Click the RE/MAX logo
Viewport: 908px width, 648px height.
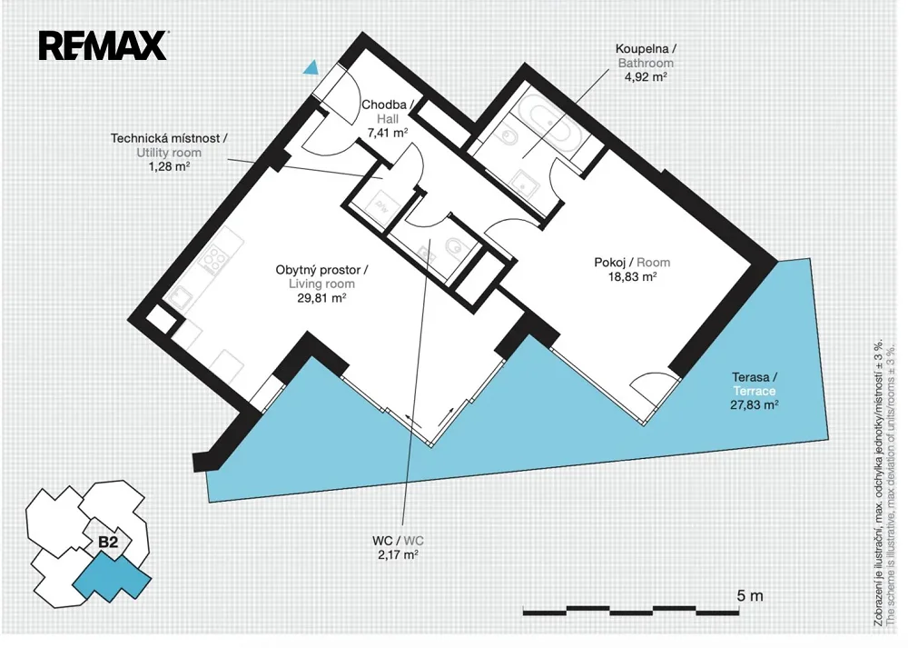pyautogui.click(x=104, y=45)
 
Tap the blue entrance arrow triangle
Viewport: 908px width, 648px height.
pyautogui.click(x=311, y=68)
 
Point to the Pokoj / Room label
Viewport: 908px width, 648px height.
pyautogui.click(x=632, y=263)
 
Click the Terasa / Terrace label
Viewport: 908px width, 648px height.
pyautogui.click(x=754, y=384)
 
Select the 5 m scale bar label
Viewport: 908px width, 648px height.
pyautogui.click(x=750, y=595)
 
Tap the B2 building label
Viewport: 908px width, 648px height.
pyautogui.click(x=108, y=542)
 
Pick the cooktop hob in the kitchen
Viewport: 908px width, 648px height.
pyautogui.click(x=212, y=260)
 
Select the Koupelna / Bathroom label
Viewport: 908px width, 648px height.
pyautogui.click(x=645, y=55)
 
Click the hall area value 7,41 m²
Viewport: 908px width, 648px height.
pyautogui.click(x=388, y=134)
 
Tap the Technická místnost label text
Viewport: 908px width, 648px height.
pyautogui.click(x=169, y=138)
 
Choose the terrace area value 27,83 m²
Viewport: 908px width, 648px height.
pyautogui.click(x=754, y=405)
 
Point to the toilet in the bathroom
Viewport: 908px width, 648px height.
pyautogui.click(x=508, y=137)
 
